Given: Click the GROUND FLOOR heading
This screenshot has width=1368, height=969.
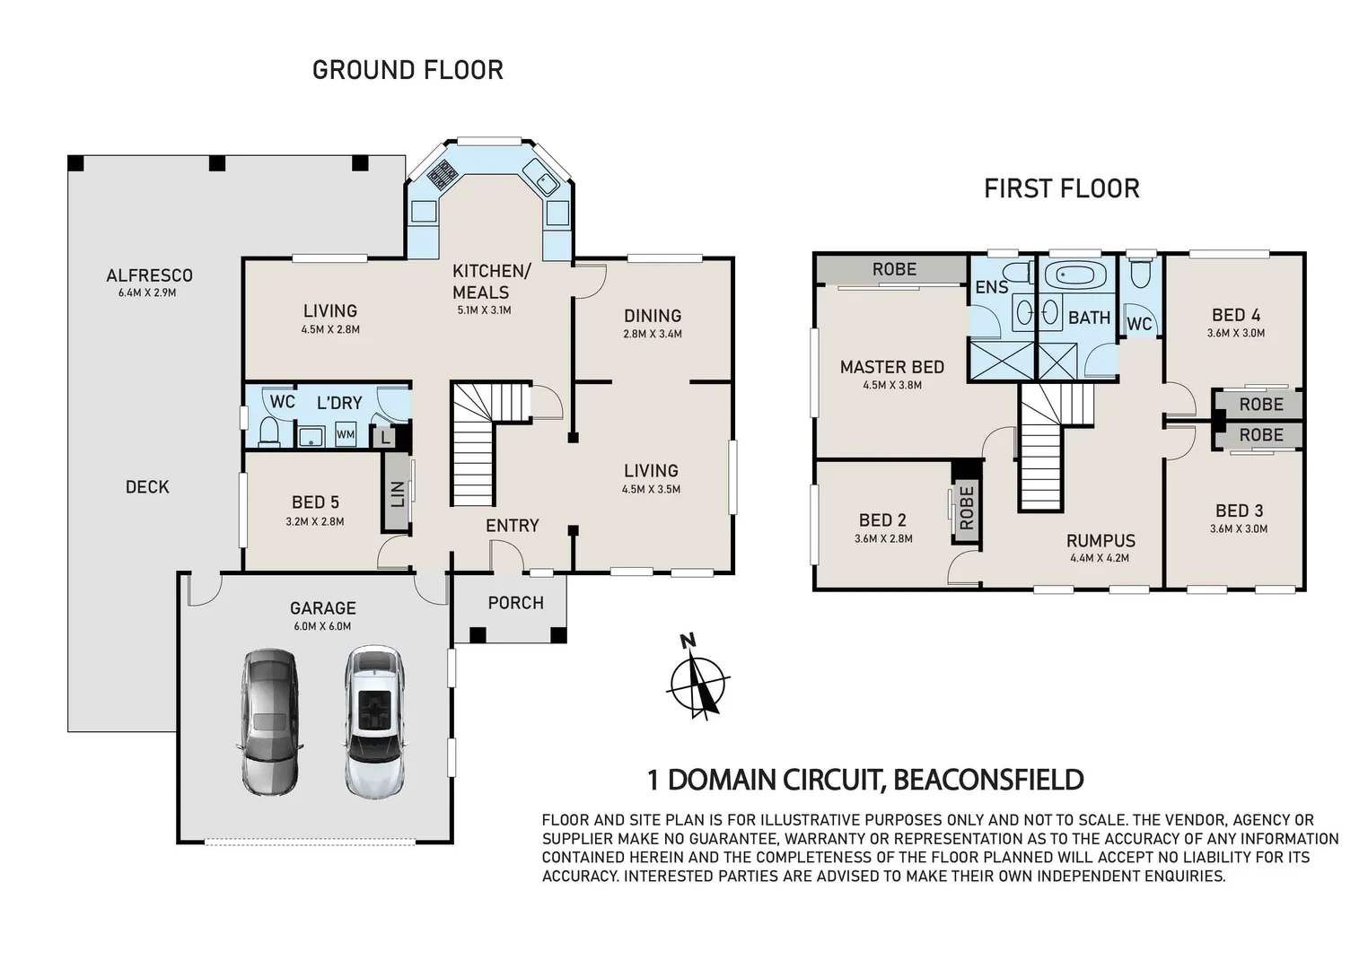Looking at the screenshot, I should click(408, 70).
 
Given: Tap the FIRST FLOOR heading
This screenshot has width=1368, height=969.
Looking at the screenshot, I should click(1061, 188).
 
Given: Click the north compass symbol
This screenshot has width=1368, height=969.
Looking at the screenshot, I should click(697, 679).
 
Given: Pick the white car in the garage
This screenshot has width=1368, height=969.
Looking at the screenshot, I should click(375, 722).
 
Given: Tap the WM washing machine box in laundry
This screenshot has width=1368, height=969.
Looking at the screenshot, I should click(346, 435).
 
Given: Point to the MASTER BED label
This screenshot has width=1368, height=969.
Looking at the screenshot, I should click(891, 367).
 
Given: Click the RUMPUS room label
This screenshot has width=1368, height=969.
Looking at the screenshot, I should click(1101, 541).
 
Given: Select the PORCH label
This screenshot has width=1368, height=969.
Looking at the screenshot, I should click(515, 603).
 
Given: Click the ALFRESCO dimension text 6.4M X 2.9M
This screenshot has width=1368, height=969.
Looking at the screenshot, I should click(147, 292).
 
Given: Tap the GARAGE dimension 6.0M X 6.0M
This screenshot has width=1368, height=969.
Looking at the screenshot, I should click(322, 626).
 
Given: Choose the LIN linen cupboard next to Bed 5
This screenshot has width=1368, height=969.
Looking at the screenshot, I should click(397, 493).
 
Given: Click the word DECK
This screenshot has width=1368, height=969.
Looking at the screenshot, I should click(147, 487).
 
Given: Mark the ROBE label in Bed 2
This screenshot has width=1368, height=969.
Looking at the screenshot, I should click(966, 508).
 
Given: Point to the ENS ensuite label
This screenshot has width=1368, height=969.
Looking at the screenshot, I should click(992, 287).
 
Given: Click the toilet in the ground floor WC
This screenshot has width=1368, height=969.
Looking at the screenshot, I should click(268, 432).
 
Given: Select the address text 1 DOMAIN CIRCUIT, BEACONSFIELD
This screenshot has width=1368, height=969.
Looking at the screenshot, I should click(865, 780).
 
